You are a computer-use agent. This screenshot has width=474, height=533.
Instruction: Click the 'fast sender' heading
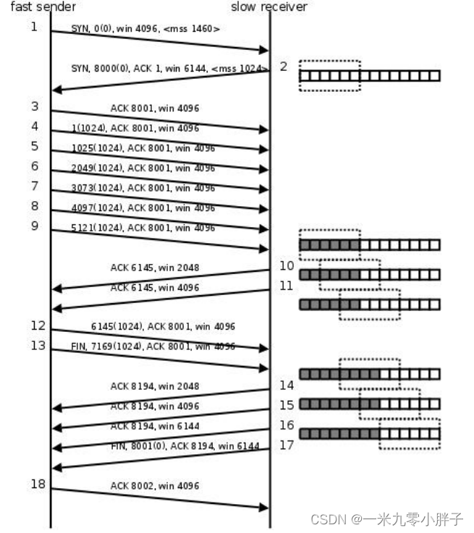(43, 7)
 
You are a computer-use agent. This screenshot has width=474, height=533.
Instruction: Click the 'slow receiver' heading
(269, 7)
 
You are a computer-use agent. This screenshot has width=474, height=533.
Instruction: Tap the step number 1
(34, 27)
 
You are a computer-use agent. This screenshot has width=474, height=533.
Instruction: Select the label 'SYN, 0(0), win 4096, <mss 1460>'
(145, 29)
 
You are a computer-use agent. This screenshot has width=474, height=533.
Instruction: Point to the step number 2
(284, 67)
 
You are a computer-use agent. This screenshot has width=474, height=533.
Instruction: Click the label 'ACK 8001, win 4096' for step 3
(155, 108)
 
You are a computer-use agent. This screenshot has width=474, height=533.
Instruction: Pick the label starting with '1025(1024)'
(143, 148)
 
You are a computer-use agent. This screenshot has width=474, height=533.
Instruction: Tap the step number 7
(34, 186)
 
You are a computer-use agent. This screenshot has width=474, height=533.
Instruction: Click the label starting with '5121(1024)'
(143, 228)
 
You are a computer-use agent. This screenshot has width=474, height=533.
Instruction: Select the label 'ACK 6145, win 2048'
(155, 268)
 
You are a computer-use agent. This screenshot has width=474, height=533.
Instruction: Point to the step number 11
(287, 286)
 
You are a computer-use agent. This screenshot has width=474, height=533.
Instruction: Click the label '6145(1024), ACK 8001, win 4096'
(163, 327)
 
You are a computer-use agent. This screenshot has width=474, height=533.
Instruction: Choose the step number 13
(38, 345)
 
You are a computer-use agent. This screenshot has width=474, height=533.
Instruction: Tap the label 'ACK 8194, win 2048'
(155, 386)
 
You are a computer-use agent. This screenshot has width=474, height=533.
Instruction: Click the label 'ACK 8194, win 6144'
(155, 427)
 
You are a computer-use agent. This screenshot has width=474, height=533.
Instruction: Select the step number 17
(287, 445)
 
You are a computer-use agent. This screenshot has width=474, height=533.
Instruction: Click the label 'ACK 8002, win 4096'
(155, 486)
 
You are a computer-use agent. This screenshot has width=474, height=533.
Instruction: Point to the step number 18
(38, 483)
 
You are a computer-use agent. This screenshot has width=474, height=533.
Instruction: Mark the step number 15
(287, 405)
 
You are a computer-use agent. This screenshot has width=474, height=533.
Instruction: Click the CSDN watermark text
(386, 519)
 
